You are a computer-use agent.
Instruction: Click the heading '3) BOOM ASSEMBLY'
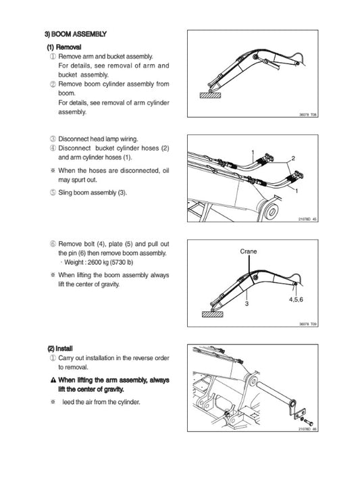click(x=75, y=34)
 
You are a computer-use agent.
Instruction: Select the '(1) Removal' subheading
click(x=63, y=47)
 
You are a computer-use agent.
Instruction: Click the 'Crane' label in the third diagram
click(x=249, y=251)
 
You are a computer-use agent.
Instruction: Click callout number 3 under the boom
click(x=247, y=305)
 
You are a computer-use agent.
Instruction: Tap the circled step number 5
click(x=53, y=193)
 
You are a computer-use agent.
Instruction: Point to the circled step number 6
click(x=53, y=243)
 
